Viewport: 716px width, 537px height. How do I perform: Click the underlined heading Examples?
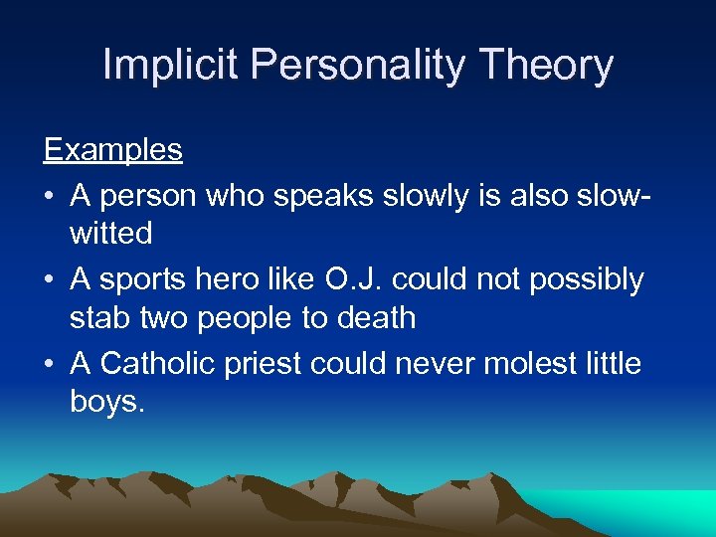pos(112,150)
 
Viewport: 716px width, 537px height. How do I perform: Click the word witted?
pos(110,235)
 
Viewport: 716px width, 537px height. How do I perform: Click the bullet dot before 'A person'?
pos(49,197)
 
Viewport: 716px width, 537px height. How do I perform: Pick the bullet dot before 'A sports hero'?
pos(49,280)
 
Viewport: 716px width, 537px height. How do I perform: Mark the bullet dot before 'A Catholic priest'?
pos(49,364)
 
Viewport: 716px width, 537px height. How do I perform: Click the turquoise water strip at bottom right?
pos(656,512)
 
